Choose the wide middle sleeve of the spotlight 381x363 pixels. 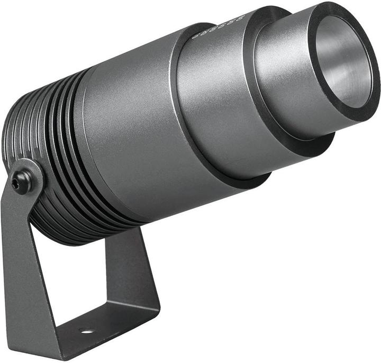tap(222, 106)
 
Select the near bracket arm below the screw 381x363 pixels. tap(26, 265)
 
